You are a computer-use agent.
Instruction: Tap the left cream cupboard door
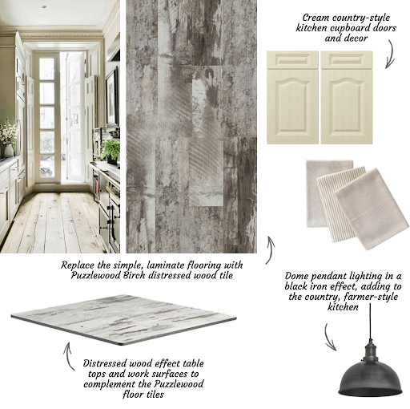[x=292, y=98]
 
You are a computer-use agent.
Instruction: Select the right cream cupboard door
[x=347, y=98]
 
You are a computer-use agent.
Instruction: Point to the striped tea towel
[x=339, y=203]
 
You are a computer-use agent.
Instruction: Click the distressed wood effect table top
[x=123, y=319]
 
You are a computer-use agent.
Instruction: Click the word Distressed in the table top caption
[x=104, y=363]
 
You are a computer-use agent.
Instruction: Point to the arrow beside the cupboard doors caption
[x=390, y=55]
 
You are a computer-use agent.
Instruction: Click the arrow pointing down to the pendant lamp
[x=330, y=337]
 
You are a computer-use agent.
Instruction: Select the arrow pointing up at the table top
[x=67, y=355]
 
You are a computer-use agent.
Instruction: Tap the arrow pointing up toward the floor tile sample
[x=271, y=250]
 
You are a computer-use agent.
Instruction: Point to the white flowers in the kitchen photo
[x=8, y=132]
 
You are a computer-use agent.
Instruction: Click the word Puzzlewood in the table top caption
[x=179, y=384]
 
